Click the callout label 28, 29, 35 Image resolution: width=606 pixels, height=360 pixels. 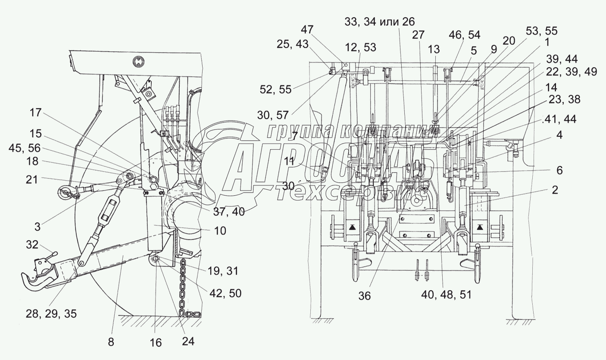(48, 313)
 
